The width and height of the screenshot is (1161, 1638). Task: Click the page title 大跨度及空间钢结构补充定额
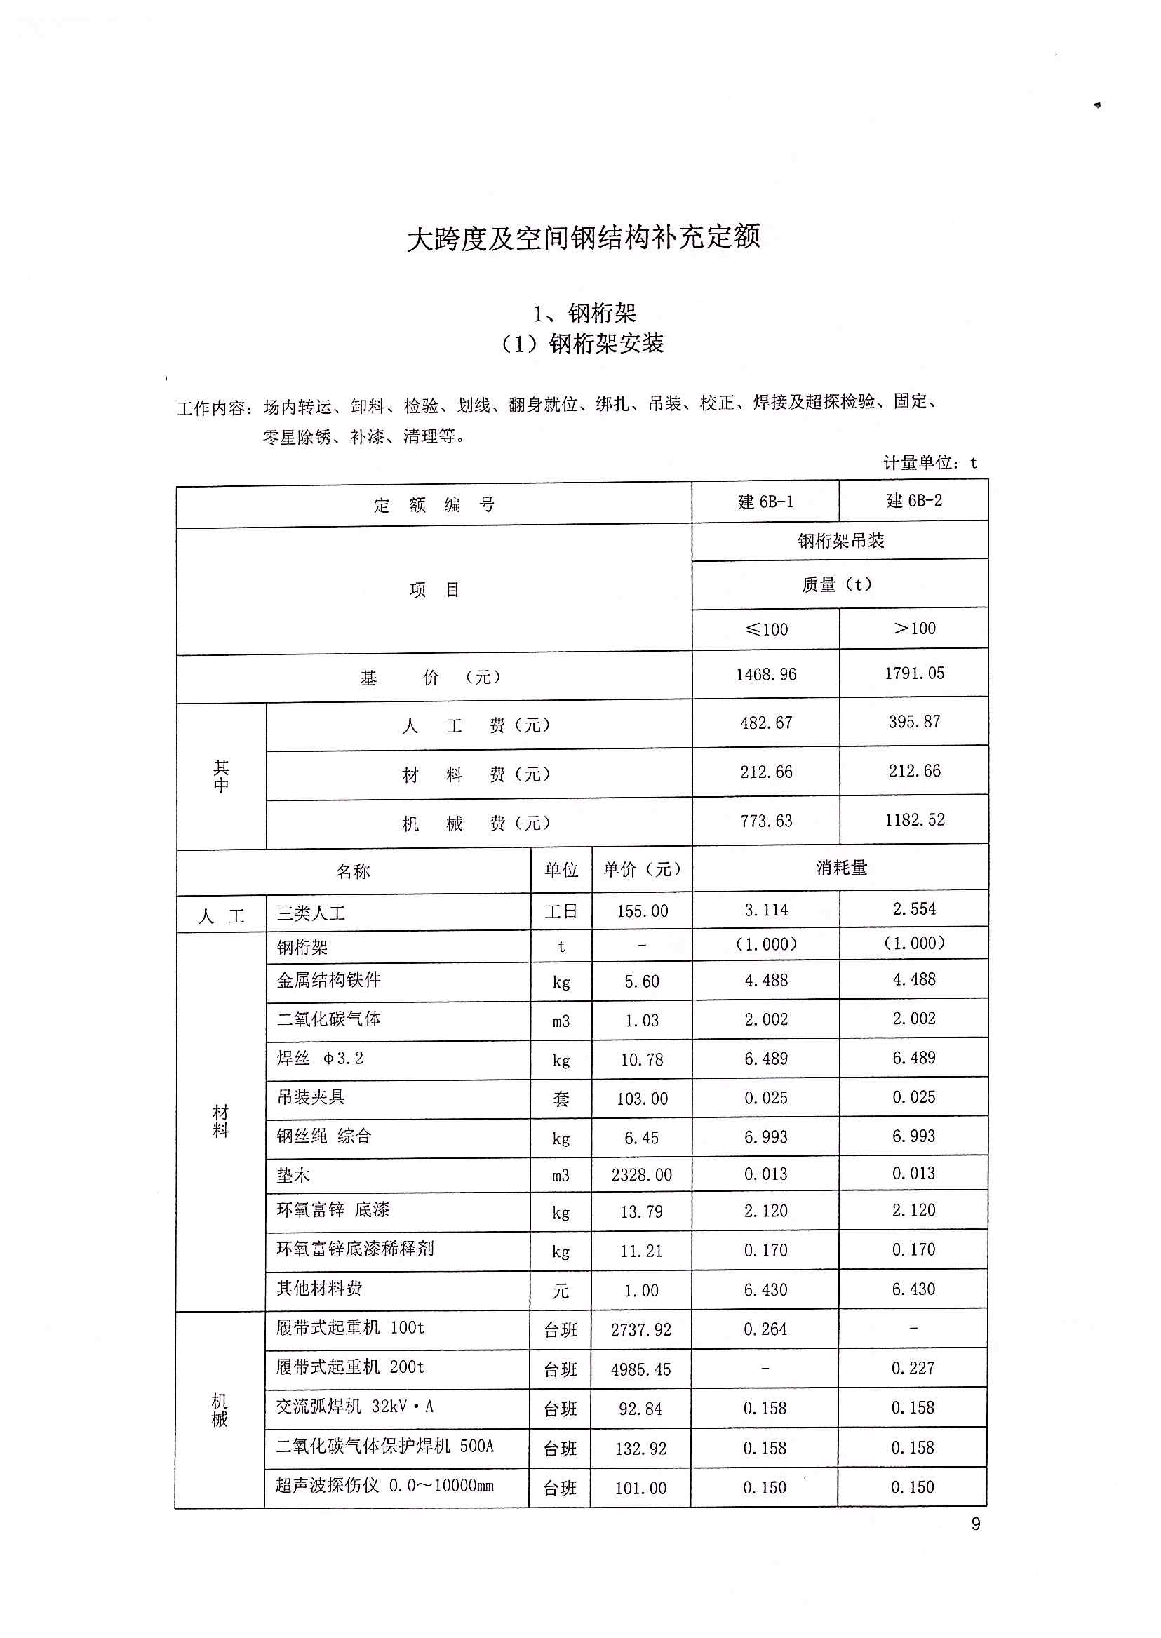[583, 237]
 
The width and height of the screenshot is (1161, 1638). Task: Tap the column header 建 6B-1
[765, 502]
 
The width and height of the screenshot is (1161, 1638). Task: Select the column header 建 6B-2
[914, 500]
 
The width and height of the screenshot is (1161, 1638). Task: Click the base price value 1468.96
[765, 674]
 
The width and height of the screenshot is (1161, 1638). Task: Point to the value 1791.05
[914, 673]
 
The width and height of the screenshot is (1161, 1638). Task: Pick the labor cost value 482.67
[765, 723]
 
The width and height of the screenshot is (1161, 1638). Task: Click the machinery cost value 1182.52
[914, 819]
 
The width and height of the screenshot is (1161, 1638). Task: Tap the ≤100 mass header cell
[766, 629]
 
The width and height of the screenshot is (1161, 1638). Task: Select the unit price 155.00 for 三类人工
[642, 911]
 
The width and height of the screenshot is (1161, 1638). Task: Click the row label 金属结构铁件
[329, 979]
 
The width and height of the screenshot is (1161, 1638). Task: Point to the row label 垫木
[293, 1175]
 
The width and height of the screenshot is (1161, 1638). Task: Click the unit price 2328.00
[641, 1175]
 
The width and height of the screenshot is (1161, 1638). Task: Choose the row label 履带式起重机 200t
[350, 1367]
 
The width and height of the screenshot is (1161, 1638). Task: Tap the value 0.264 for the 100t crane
[765, 1329]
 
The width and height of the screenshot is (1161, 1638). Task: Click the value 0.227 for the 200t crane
[912, 1368]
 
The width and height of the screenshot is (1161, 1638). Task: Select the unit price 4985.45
[640, 1369]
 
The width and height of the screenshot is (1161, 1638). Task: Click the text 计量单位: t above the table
[930, 462]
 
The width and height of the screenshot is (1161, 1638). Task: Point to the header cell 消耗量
[841, 868]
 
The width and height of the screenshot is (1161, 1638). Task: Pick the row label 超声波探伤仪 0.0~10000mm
[384, 1485]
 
